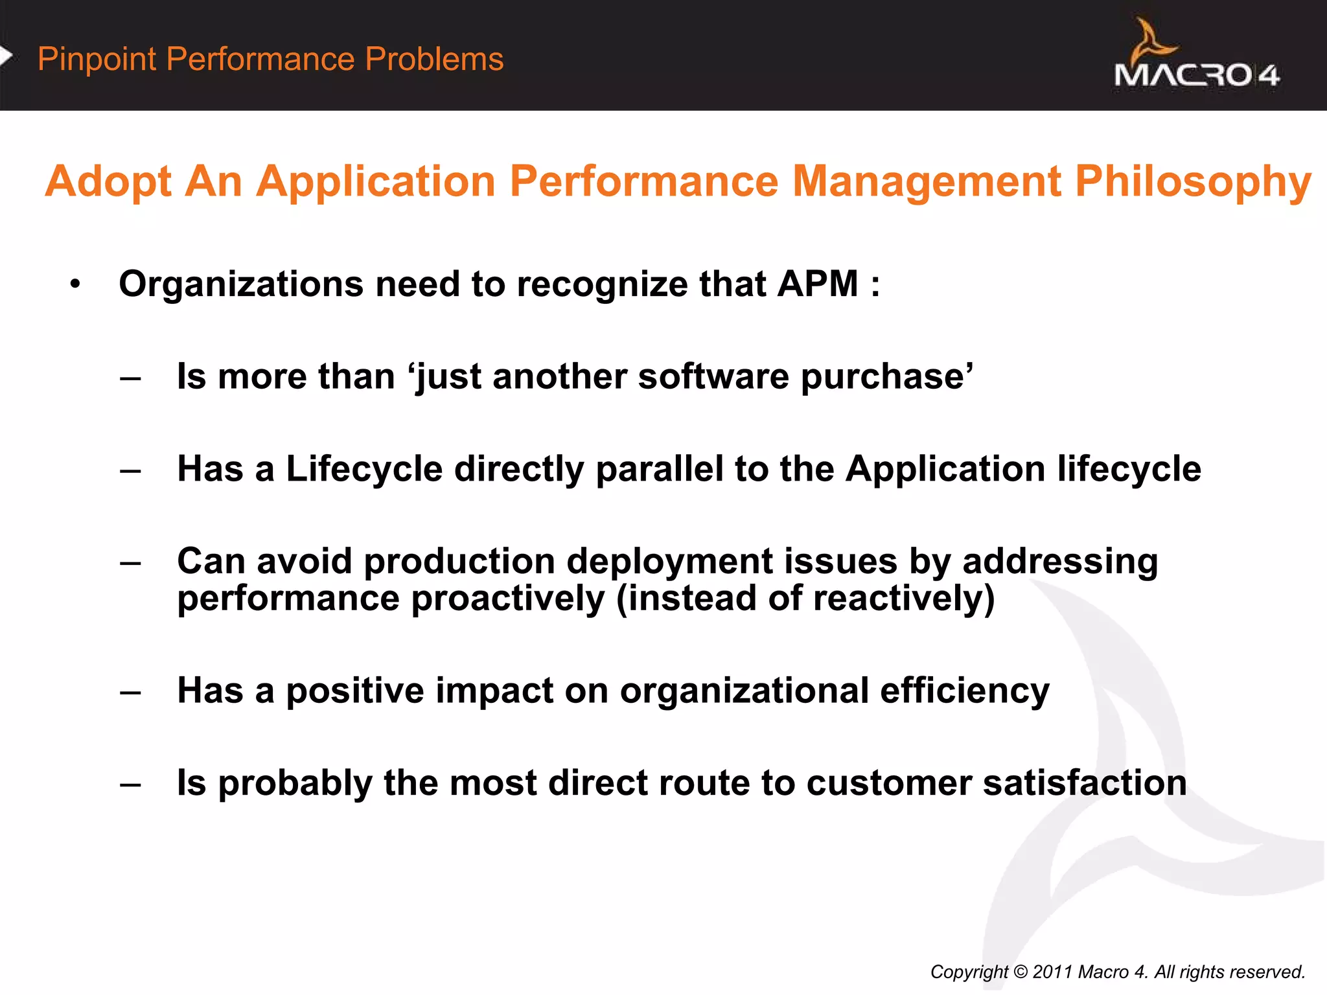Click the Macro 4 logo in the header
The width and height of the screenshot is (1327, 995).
tap(1196, 58)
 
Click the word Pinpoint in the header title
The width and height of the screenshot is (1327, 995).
tap(97, 60)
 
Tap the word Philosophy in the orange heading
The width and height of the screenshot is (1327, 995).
tap(1193, 182)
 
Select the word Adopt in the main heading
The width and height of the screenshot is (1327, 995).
tap(108, 182)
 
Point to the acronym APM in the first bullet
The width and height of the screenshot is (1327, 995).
tap(818, 284)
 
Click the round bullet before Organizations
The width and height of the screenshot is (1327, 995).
tap(76, 284)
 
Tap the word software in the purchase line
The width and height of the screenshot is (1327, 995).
tap(713, 377)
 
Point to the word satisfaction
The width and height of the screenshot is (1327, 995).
tap(1085, 783)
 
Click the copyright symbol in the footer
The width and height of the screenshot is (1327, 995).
tap(1020, 972)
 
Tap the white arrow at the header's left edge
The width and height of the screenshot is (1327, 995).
tap(6, 56)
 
